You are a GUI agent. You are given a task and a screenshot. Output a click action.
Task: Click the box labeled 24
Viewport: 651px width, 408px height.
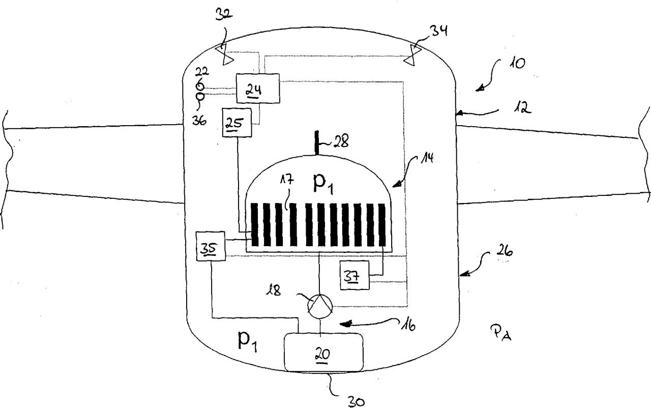point(258,89)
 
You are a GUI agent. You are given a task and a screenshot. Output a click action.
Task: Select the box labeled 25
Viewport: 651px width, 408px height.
point(237,123)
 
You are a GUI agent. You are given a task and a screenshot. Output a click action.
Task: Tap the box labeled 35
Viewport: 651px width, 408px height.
point(211,246)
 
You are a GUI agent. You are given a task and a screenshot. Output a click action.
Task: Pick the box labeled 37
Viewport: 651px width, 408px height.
point(354,275)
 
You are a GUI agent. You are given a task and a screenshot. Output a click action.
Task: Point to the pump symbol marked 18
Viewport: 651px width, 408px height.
point(320,306)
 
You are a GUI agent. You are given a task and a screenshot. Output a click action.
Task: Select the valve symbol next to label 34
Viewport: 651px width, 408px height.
point(412,55)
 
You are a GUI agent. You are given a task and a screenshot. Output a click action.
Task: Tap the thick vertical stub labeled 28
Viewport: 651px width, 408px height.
point(317,143)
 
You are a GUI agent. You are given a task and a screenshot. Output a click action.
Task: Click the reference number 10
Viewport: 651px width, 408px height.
point(517,63)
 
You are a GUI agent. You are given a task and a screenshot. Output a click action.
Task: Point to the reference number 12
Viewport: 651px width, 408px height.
point(522,108)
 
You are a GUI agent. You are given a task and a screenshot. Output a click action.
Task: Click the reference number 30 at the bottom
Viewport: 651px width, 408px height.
point(356,402)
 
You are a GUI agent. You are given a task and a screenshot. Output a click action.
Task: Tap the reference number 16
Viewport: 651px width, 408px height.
point(408,326)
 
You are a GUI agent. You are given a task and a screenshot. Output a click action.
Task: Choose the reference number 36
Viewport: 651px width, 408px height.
point(199,120)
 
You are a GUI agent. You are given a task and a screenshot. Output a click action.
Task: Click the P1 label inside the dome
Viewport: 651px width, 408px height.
point(323,184)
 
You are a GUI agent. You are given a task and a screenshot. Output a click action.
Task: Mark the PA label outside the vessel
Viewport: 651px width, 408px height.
point(501,333)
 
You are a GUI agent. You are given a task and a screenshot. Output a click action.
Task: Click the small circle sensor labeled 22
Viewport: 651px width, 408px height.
point(200,86)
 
